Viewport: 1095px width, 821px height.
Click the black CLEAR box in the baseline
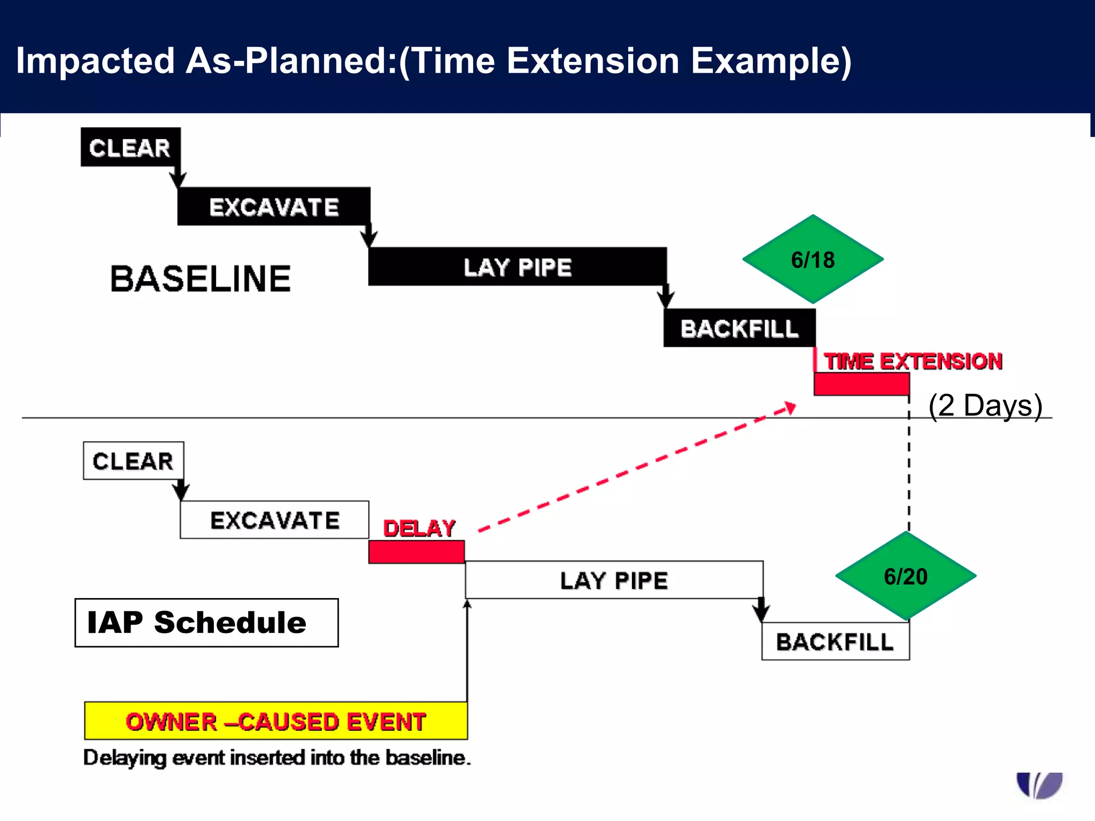(130, 147)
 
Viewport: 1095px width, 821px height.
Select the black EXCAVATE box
(273, 206)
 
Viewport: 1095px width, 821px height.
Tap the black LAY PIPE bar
(517, 266)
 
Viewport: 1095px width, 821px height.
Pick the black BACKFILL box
(739, 328)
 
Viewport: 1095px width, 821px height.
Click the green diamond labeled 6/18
(812, 260)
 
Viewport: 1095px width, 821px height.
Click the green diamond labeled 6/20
(905, 576)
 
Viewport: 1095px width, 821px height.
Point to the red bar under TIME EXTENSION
(861, 384)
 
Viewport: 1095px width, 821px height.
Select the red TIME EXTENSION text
(912, 361)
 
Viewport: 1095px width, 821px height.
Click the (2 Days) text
(985, 406)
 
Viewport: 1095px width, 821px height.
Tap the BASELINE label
(201, 279)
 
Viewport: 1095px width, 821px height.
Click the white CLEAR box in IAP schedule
(133, 461)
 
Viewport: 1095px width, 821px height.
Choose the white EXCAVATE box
(274, 520)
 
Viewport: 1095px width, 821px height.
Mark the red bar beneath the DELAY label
(416, 552)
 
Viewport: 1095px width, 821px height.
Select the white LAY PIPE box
(614, 580)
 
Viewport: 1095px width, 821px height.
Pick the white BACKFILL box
(835, 641)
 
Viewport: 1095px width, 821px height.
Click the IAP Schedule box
(206, 623)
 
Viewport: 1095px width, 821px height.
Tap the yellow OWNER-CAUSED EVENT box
(276, 721)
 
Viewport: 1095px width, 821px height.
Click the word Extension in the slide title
(592, 60)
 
